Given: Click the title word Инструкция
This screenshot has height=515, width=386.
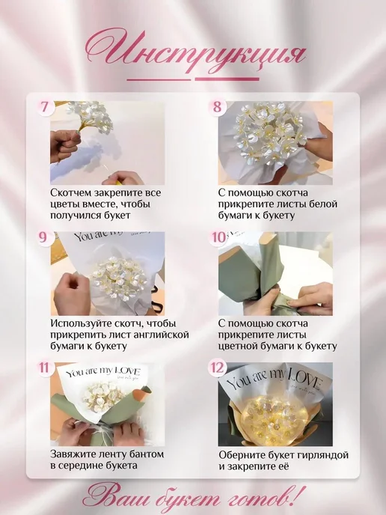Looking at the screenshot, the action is pos(196,51).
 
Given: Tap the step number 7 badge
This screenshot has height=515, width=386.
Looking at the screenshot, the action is pos(45,107).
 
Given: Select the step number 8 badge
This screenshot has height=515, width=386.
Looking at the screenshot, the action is pos(217,107).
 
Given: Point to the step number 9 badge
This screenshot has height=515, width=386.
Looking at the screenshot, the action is pos(43,237).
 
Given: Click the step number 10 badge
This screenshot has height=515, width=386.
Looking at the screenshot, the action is pos(218,237).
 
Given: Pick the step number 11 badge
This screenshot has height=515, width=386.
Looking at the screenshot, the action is pos(44,368).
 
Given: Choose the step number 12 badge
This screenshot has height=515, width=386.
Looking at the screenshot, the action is pos(217,368).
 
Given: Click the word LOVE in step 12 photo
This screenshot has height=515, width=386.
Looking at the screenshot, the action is pos(304,380).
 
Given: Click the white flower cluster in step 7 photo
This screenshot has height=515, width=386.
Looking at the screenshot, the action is pos(91,115).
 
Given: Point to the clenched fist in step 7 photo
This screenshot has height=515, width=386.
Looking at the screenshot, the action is pos(65,145).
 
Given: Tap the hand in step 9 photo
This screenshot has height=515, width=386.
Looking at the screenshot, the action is pos(72,294).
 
